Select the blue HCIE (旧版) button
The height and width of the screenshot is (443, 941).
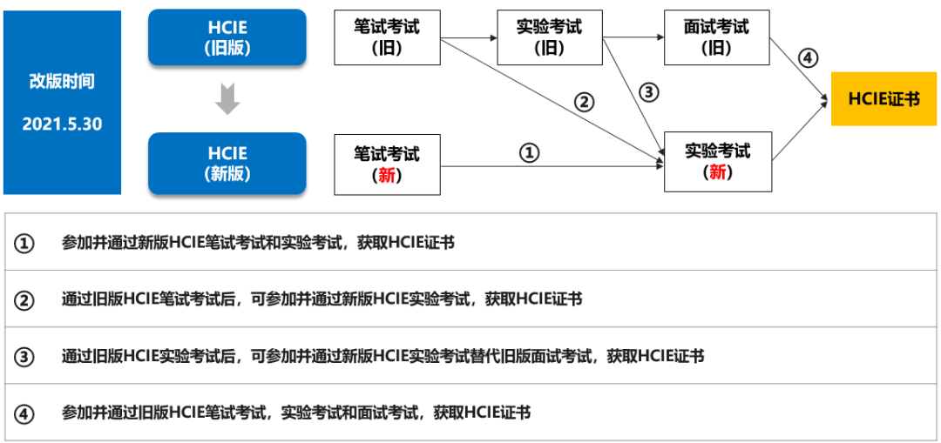click(x=227, y=37)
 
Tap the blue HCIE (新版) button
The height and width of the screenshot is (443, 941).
click(x=227, y=163)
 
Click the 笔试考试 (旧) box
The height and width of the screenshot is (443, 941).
click(x=387, y=37)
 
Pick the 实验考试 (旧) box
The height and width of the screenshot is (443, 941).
click(x=549, y=37)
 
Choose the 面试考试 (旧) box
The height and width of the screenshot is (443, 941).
click(x=716, y=37)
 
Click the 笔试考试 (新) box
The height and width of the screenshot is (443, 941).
click(x=387, y=164)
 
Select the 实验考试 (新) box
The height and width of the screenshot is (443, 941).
click(x=717, y=161)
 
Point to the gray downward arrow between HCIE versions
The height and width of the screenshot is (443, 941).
click(x=227, y=100)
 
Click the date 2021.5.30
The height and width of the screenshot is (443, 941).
click(x=62, y=124)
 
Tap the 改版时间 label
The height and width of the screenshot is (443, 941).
click(x=62, y=82)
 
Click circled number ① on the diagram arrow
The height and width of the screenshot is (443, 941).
click(x=530, y=153)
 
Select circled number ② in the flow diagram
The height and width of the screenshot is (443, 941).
click(x=584, y=102)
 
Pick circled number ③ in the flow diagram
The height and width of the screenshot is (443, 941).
click(x=647, y=91)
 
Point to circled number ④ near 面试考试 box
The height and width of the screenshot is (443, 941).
click(x=808, y=58)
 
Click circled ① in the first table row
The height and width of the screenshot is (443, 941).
click(x=24, y=244)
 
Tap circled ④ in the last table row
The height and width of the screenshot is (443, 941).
click(x=24, y=413)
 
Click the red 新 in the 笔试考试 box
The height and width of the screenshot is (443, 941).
click(x=387, y=174)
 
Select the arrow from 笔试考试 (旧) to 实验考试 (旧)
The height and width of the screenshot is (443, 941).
click(x=468, y=37)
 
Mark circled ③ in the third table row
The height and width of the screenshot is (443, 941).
click(x=24, y=357)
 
